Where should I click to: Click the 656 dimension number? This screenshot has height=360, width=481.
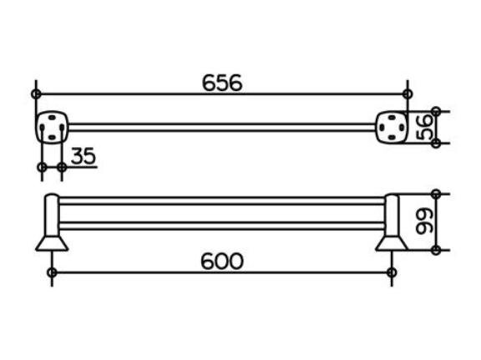pos(222,83)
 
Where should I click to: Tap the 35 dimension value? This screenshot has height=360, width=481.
pos(84,155)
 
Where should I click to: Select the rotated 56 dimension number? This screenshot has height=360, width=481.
pos(424,127)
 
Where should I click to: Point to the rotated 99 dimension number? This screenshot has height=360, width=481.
pos(424,221)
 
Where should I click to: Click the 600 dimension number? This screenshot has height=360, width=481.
pos(222,261)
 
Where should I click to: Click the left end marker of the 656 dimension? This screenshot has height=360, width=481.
pos(36,94)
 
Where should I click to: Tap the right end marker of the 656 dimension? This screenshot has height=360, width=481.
pos(408,94)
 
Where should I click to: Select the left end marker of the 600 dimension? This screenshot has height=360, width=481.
pos(52,272)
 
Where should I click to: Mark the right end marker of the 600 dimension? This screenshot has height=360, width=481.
pos(392,272)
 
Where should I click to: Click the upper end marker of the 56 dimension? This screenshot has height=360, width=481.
pos(436,111)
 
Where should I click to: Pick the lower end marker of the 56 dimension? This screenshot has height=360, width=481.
pos(436,143)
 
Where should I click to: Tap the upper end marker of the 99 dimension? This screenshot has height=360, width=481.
pos(436,194)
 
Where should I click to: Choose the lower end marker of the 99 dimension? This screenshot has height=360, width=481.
pos(436,250)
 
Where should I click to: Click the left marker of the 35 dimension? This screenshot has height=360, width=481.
pos(42,167)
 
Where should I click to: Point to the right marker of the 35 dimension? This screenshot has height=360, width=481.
pos(62,167)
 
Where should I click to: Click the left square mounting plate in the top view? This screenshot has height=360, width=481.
pos(52,127)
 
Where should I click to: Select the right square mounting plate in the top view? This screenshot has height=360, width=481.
pos(392,127)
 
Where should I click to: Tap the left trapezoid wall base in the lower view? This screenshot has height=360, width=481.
pos(52,243)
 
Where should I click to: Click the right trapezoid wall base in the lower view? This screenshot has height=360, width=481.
pos(392,243)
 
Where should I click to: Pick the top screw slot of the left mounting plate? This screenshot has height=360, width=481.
pos(52,118)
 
